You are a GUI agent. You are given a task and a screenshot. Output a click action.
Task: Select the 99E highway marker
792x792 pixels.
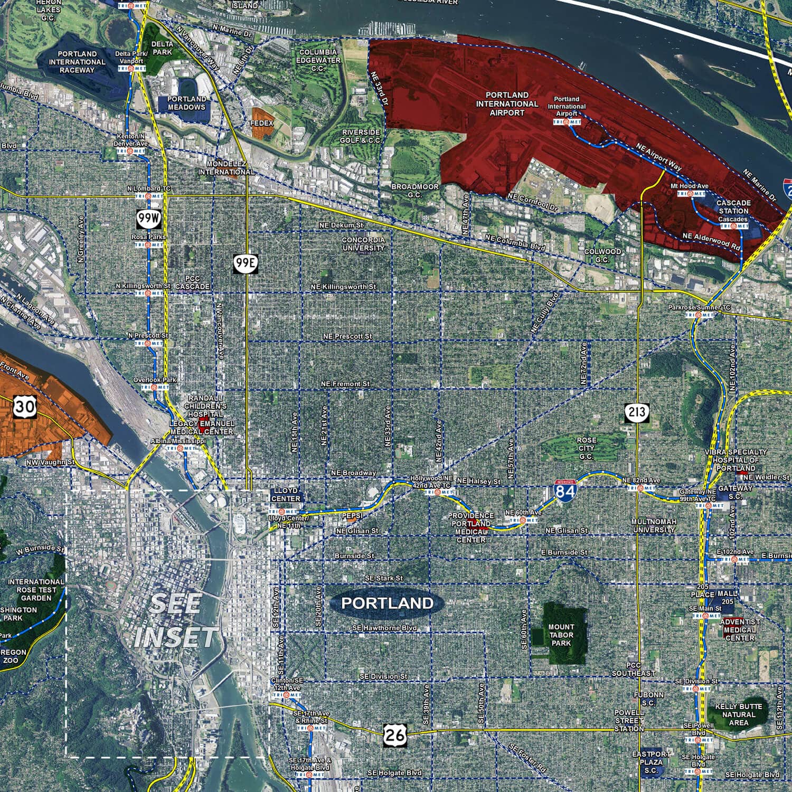246,263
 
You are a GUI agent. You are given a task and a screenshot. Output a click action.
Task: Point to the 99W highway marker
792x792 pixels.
147,216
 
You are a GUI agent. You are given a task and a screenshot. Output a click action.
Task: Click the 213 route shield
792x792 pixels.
637,412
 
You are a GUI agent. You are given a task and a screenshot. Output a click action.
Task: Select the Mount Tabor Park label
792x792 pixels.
561,635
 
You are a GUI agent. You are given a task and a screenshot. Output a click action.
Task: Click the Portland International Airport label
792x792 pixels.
507,104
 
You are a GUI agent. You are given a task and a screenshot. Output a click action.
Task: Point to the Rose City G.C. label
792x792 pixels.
586,448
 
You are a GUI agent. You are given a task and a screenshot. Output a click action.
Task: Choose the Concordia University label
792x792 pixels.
363,244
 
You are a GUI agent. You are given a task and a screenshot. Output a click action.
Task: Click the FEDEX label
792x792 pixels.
262,123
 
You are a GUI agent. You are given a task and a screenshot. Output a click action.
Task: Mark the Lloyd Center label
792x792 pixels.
286,494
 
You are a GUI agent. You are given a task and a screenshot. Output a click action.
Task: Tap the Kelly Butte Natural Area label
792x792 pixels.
738,714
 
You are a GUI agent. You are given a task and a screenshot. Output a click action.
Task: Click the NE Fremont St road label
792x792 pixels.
345,384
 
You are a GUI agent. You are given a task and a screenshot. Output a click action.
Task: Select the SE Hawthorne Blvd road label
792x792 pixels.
384,628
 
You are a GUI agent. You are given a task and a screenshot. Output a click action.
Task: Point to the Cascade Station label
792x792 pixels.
733,207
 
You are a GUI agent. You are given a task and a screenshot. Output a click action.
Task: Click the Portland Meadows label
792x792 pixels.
186,103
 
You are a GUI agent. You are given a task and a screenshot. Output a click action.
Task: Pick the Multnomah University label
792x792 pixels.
654,525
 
